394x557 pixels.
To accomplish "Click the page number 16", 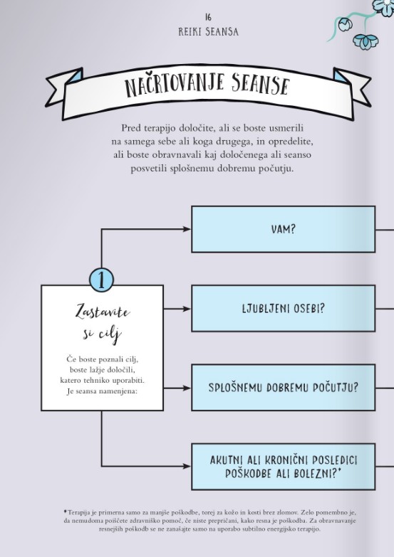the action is pyautogui.click(x=208, y=16).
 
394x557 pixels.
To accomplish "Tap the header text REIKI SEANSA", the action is pyautogui.click(x=208, y=32).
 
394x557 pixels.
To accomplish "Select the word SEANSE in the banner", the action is pyautogui.click(x=260, y=85).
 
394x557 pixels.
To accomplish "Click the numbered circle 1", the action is pyautogui.click(x=101, y=280).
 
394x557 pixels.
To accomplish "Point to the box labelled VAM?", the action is pyautogui.click(x=284, y=229).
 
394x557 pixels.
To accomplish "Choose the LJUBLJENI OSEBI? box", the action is pyautogui.click(x=284, y=308).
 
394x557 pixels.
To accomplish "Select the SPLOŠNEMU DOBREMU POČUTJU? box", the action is pyautogui.click(x=284, y=388).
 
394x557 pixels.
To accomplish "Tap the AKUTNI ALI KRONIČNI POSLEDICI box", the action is pyautogui.click(x=284, y=467).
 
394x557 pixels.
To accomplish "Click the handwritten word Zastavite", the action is pyautogui.click(x=103, y=312).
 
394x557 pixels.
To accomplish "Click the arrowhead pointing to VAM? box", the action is pyautogui.click(x=187, y=229).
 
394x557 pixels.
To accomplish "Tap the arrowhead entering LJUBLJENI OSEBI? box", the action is pyautogui.click(x=187, y=309).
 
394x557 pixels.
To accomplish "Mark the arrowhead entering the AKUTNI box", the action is pyautogui.click(x=187, y=466).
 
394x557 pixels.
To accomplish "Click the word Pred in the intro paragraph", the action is pyautogui.click(x=131, y=128).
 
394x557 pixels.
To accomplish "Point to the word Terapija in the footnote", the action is pyautogui.click(x=78, y=513).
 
